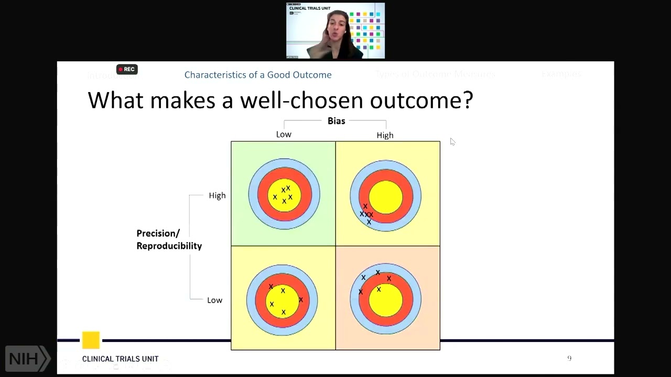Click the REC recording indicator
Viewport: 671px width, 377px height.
click(126, 69)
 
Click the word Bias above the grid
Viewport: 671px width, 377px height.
click(336, 121)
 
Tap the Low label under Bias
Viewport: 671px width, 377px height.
click(284, 135)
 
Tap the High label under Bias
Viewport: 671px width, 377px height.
click(385, 135)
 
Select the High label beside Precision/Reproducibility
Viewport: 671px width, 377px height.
click(217, 195)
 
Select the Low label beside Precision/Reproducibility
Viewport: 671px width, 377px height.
click(214, 300)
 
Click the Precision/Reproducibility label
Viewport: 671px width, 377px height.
click(169, 239)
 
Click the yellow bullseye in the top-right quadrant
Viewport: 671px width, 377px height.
click(386, 197)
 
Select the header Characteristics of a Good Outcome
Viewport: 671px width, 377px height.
click(258, 75)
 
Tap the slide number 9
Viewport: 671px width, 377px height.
click(569, 358)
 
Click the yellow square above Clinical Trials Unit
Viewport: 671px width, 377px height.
click(91, 340)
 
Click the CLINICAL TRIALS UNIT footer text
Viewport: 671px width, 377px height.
click(120, 359)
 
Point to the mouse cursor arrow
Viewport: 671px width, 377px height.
click(452, 141)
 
